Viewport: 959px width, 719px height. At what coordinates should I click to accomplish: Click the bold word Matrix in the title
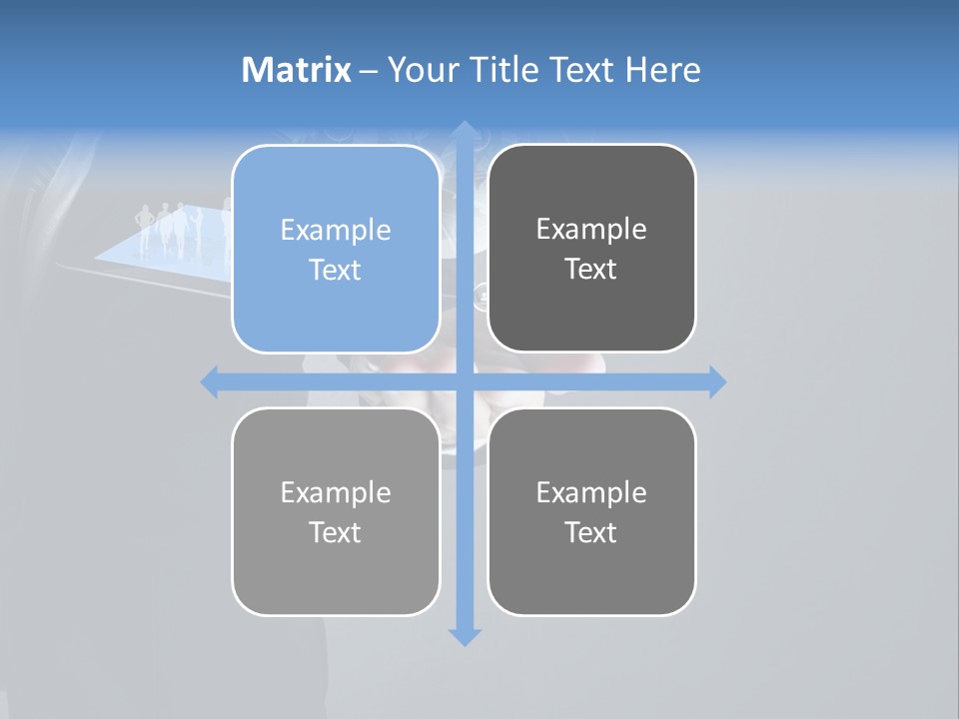point(297,70)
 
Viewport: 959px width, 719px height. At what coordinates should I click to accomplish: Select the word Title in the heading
point(505,70)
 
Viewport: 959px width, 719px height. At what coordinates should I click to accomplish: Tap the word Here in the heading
point(663,70)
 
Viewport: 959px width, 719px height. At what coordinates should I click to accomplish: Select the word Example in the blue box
point(336,231)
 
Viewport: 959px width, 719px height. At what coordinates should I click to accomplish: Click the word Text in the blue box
point(336,271)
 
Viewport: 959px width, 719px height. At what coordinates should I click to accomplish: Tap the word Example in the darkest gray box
point(591,230)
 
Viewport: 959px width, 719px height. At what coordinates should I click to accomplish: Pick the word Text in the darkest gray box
point(591,270)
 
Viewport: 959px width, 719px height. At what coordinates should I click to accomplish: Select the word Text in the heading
point(581,70)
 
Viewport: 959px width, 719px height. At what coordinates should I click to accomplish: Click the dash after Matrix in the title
point(370,71)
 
